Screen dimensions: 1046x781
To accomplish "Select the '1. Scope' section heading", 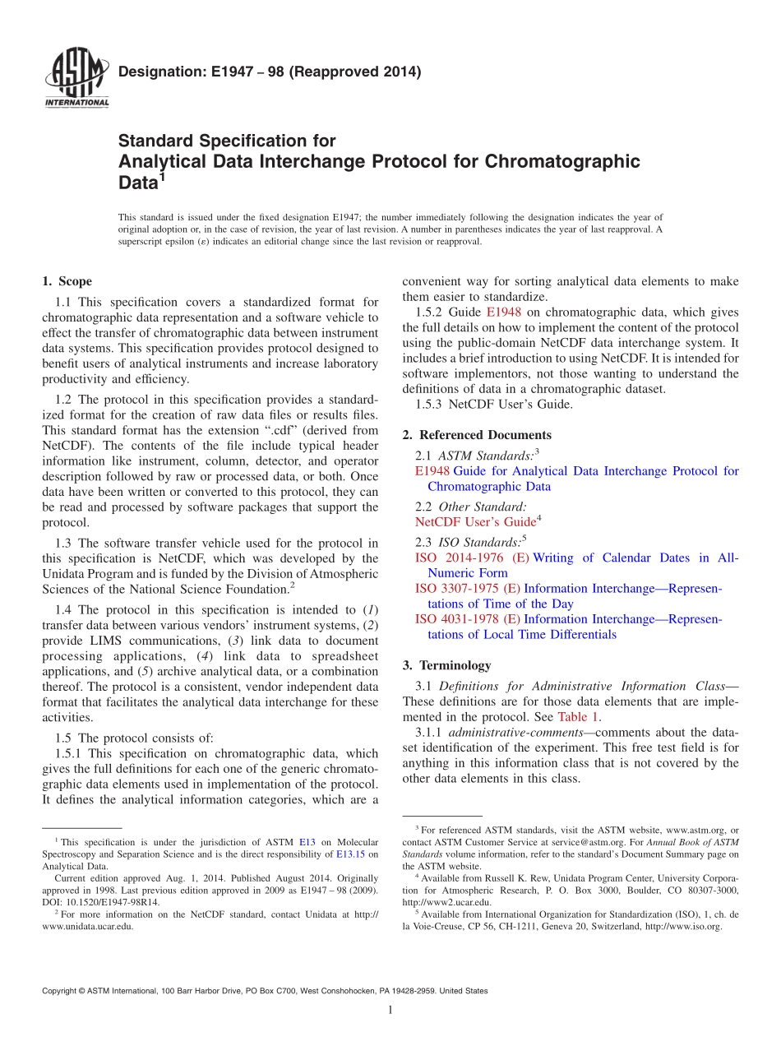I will point(67,281).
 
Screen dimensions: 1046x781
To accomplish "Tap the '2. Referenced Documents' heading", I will point(477,435).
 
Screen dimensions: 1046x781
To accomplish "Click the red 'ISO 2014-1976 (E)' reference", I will point(472,558).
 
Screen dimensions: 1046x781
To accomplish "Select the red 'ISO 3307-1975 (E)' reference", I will point(467,589).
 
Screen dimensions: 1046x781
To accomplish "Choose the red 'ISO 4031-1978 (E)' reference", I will point(467,619).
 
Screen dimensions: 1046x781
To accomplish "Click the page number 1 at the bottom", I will point(390,1010).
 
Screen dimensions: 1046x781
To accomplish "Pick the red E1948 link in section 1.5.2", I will point(504,312).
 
